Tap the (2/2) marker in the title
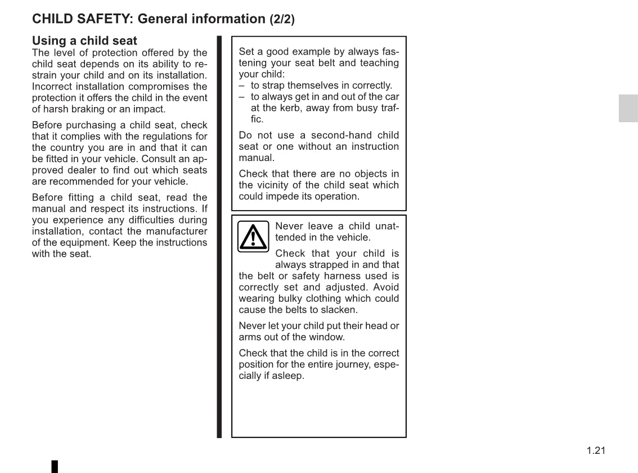(282, 19)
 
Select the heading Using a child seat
(84, 41)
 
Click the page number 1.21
(596, 450)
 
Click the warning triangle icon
(253, 236)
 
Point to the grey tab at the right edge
(628, 108)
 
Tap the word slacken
(339, 310)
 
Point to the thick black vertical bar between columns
(219, 236)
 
